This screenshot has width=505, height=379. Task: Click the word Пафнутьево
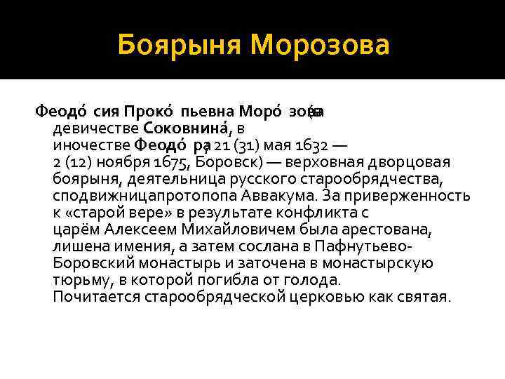(363, 246)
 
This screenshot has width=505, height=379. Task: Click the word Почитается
(96, 297)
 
